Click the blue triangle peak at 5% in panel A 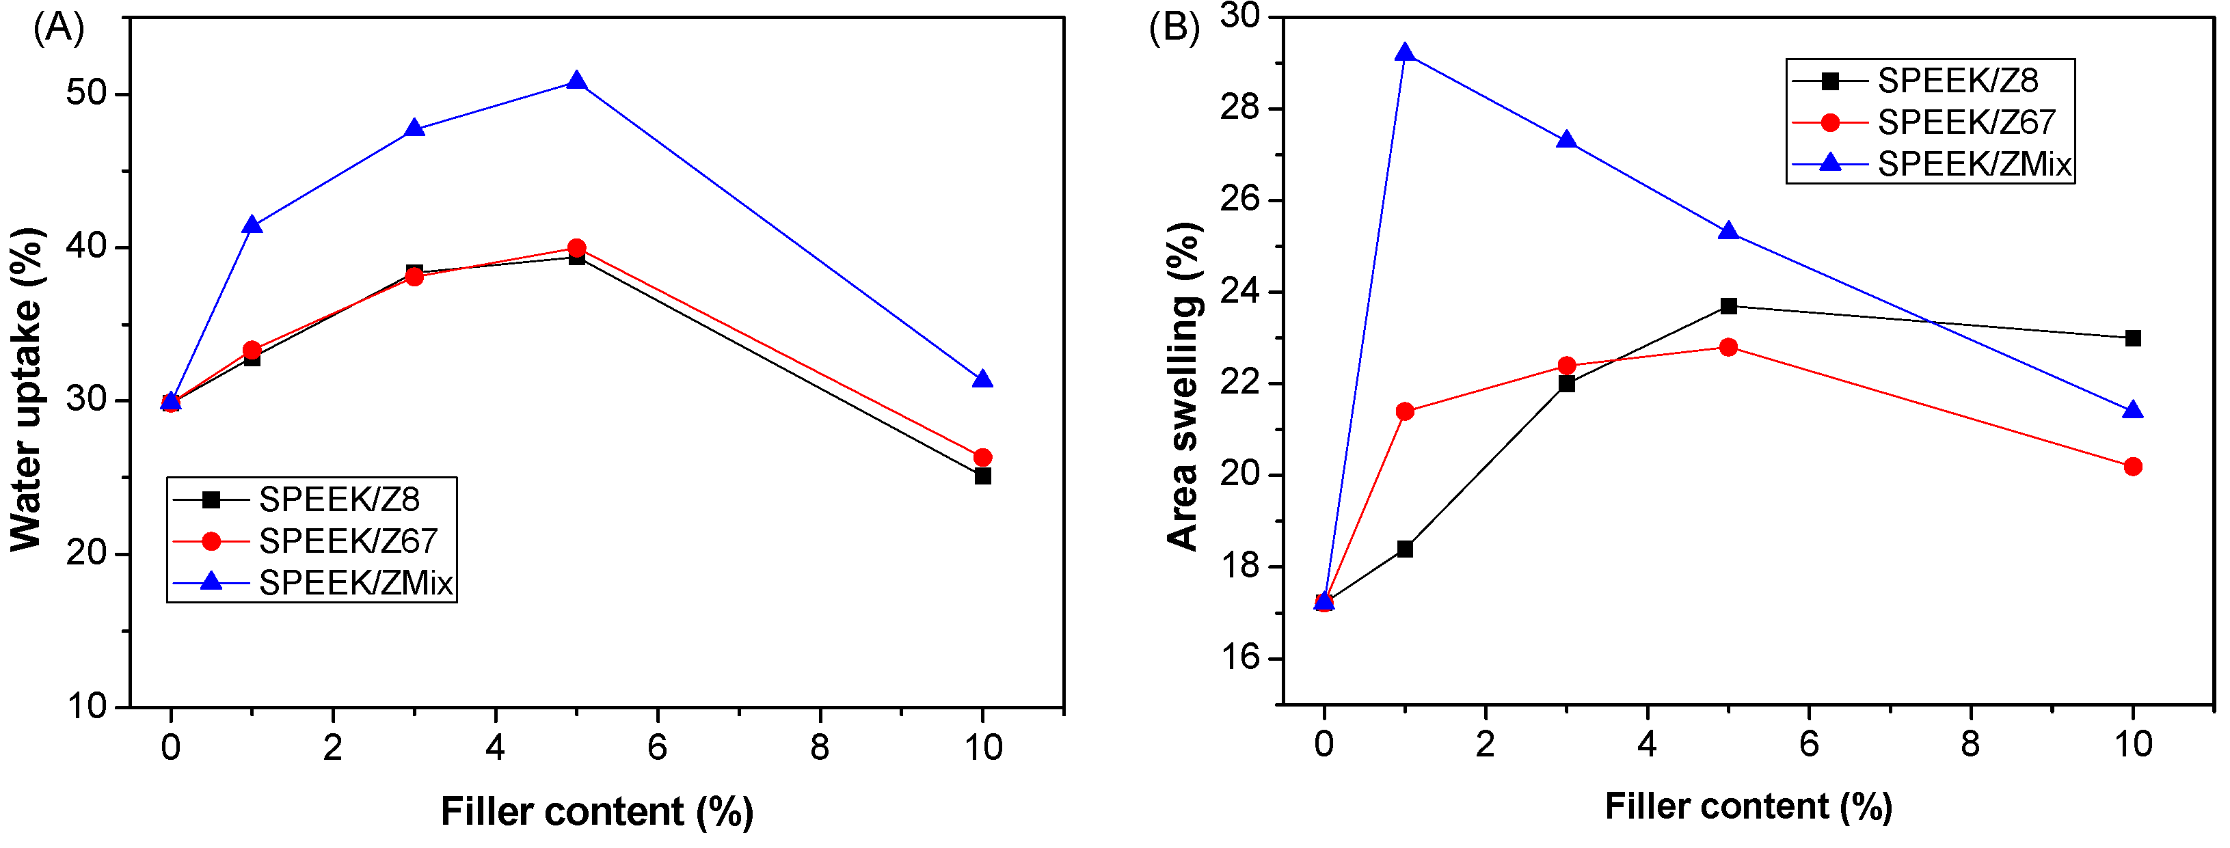tap(576, 82)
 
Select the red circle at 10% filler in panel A tap(982, 457)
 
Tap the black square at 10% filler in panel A tap(982, 476)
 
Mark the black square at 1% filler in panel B tap(1405, 549)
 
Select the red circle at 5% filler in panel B tap(1728, 347)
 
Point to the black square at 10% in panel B tap(2133, 338)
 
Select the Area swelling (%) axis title tap(1183, 387)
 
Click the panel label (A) tap(59, 28)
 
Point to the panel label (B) tap(1174, 28)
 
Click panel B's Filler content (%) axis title tap(1749, 806)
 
